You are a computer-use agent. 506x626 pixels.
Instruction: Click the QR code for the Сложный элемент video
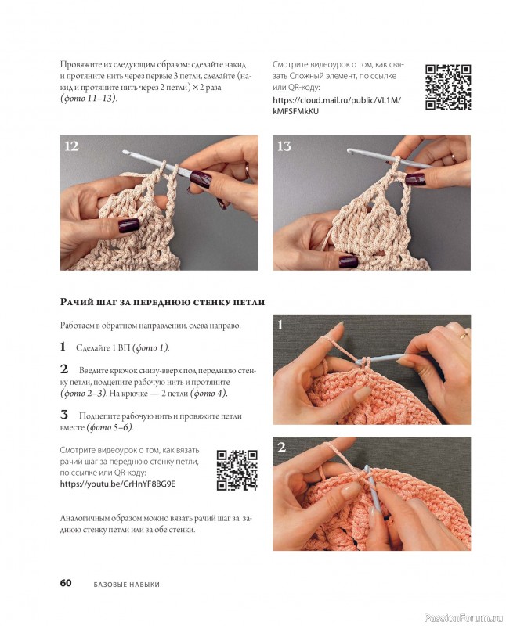coord(448,87)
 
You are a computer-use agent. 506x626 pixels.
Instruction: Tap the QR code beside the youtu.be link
coord(237,470)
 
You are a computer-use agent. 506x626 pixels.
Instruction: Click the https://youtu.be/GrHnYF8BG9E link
coord(117,484)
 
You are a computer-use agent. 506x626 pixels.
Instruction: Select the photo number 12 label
coord(71,146)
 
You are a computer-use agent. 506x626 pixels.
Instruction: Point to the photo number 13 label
coord(284,146)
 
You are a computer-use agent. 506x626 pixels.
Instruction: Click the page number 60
coord(66,583)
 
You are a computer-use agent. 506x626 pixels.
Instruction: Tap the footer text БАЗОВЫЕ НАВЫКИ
coord(126,585)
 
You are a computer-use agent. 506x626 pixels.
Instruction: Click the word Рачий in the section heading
coord(75,302)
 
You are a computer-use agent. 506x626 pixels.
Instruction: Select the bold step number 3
coord(64,415)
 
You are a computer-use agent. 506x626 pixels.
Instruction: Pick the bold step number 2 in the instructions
coord(64,369)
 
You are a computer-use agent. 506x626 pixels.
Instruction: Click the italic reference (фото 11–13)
coord(89,99)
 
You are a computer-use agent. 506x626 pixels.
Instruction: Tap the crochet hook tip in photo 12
coord(125,152)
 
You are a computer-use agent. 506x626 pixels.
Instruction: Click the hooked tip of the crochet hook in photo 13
coord(350,151)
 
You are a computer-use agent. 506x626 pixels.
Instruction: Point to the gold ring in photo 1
coord(464,336)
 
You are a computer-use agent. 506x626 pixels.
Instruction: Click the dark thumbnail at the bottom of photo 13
coord(348,262)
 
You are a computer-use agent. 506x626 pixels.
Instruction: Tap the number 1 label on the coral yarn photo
coord(280,325)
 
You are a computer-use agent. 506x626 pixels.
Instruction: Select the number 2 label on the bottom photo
coord(281,447)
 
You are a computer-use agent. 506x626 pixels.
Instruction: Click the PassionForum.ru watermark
coord(464,618)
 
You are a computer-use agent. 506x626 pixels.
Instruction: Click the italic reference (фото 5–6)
coord(110,427)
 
